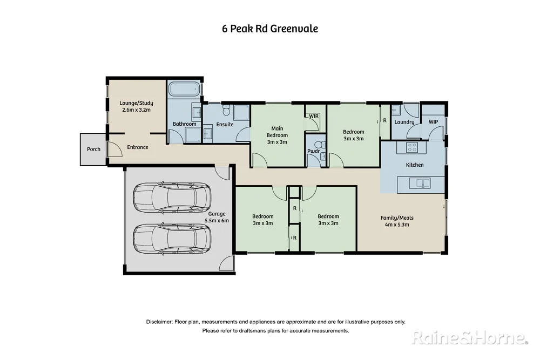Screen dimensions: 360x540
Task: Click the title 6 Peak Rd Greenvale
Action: [270, 29]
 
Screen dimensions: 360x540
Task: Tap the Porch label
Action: [93, 149]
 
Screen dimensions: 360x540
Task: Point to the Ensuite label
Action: [225, 125]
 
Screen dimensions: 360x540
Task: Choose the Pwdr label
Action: [313, 151]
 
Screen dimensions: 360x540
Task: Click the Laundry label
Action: [404, 122]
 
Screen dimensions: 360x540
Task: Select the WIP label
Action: [433, 122]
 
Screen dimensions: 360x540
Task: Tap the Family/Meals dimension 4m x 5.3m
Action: [397, 225]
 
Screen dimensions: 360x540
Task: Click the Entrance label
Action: [137, 147]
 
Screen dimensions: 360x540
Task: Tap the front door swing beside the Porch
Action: [114, 150]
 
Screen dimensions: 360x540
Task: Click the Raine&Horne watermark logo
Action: [469, 338]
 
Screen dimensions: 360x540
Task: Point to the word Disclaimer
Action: [159, 322]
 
